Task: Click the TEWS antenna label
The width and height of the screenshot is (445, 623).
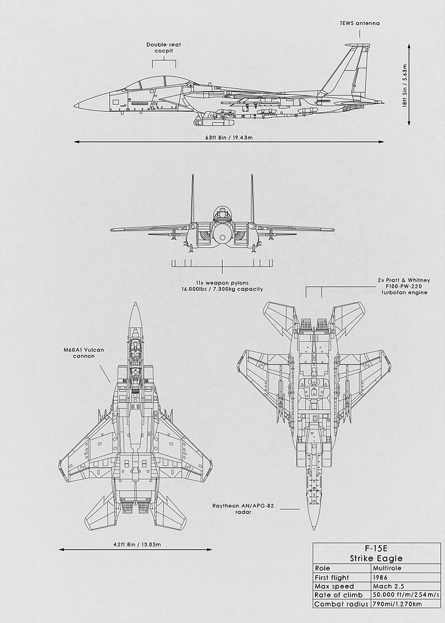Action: click(359, 23)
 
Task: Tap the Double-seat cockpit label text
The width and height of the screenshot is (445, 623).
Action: click(164, 48)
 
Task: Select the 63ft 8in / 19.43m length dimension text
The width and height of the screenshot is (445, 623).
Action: click(229, 137)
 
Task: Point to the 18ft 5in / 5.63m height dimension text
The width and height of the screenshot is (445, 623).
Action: click(405, 86)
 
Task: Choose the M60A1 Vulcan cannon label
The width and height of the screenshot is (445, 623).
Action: click(84, 353)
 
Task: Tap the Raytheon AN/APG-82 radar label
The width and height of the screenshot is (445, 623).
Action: click(243, 509)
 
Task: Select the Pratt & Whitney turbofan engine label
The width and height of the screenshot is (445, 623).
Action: click(404, 286)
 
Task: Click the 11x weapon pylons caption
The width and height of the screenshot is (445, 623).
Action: click(222, 286)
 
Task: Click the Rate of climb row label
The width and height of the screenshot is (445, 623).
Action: click(338, 595)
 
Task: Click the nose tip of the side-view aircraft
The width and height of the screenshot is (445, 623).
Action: click(74, 106)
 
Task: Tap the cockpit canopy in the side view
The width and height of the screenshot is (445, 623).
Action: click(157, 82)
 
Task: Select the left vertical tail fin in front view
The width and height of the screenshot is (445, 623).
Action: click(192, 199)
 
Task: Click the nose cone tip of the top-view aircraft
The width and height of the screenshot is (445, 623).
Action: click(135, 303)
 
